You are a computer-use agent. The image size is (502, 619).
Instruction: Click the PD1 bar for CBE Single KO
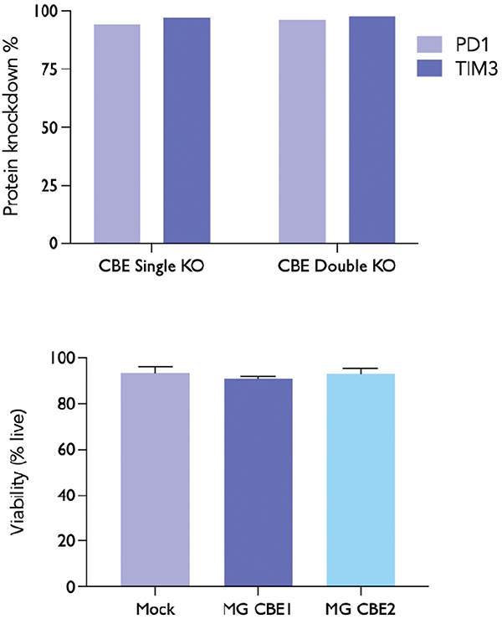pos(116,134)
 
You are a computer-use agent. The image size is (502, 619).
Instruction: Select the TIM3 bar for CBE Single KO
pos(187,131)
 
